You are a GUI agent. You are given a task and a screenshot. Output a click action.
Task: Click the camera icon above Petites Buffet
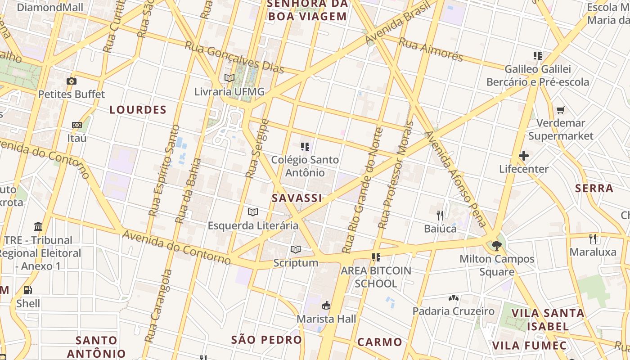[71, 81]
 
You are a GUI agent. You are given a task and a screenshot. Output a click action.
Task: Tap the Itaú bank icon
[77, 125]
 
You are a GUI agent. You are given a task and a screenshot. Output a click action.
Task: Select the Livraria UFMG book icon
[229, 78]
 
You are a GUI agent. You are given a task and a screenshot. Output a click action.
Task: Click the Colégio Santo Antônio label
[305, 166]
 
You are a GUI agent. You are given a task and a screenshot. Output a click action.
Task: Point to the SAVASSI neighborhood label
[297, 198]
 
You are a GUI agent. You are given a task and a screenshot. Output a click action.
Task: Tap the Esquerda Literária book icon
[253, 211]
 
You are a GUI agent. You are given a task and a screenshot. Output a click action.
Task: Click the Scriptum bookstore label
[296, 263]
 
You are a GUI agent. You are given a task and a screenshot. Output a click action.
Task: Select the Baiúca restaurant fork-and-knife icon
[440, 215]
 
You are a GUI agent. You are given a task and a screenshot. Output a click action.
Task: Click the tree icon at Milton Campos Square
[497, 246]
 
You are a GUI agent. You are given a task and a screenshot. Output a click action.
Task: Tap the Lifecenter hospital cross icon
[524, 156]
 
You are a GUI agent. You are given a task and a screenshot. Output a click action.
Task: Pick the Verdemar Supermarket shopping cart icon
[561, 110]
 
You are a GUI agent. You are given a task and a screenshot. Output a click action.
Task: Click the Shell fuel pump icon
[28, 290]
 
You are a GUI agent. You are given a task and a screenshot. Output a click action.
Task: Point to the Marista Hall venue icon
[326, 306]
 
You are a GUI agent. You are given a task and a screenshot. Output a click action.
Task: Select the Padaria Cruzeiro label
[454, 311]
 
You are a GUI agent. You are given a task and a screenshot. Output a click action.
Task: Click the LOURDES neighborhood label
[138, 110]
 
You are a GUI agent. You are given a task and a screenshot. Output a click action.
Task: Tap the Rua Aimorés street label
[431, 49]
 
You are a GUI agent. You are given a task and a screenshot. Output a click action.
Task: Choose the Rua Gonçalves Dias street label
[234, 58]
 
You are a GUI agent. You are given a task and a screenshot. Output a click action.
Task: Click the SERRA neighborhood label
[594, 188]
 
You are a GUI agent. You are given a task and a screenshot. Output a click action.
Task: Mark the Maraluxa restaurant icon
[593, 238]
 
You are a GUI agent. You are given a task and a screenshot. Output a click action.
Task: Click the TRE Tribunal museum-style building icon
[38, 226]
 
